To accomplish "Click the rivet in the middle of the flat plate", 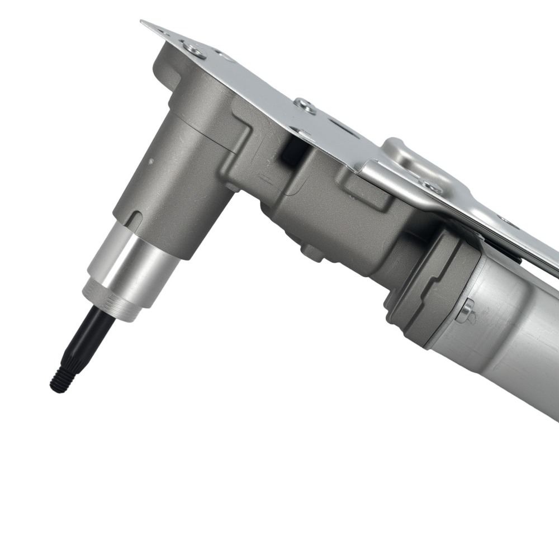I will (305, 105).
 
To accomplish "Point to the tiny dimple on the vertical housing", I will (150, 160).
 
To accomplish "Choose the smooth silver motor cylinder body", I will (503, 335).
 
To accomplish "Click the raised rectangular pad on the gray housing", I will (366, 190).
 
